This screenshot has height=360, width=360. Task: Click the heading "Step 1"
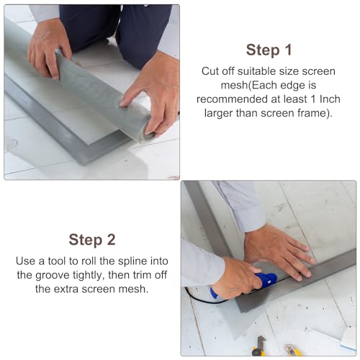269,50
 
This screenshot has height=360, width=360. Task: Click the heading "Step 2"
91,239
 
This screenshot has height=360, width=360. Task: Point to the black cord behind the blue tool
198,297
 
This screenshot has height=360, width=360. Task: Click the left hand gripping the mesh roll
48,48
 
